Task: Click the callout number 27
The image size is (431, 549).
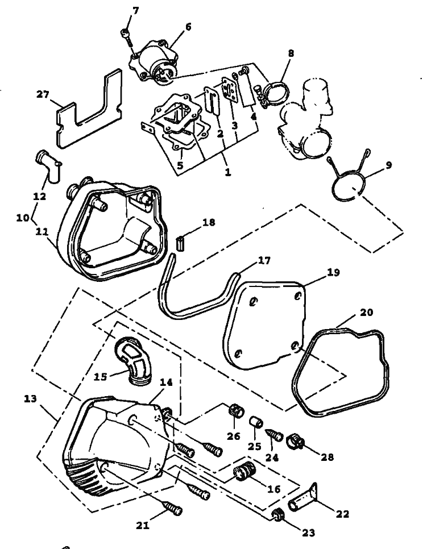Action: click(43, 94)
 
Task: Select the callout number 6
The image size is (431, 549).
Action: click(188, 26)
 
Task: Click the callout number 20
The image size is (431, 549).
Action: click(367, 313)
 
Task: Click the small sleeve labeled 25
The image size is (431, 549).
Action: click(255, 422)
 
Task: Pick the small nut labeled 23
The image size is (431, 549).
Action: click(279, 515)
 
